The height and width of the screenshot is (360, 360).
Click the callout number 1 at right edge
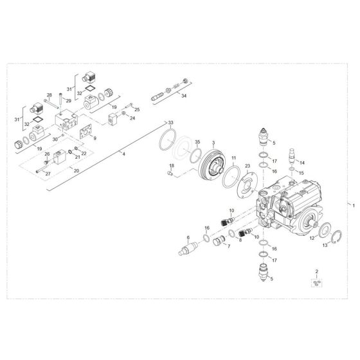(352, 204)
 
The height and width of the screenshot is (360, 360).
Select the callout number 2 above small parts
(316, 271)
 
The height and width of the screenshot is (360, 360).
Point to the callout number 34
(184, 96)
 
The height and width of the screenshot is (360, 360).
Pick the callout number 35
(197, 141)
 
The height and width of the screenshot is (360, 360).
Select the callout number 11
(234, 157)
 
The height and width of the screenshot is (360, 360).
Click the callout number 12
(314, 239)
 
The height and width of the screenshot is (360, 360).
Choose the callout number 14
(303, 162)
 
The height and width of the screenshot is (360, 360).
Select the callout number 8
(240, 240)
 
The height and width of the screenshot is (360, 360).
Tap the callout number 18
(170, 166)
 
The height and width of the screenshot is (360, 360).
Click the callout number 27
(47, 173)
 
